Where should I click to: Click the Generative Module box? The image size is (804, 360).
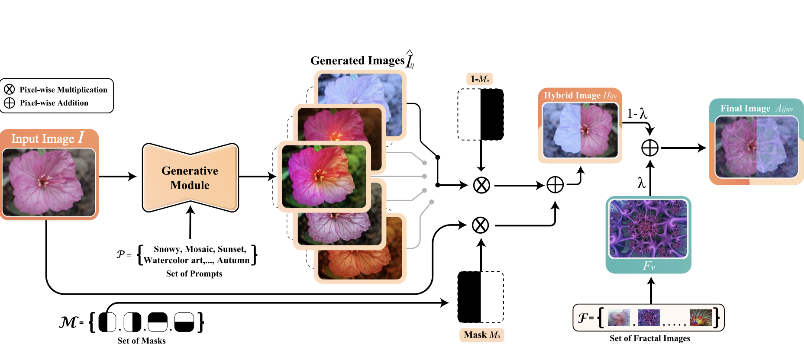[x=190, y=178]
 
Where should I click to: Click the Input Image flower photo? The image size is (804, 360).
[x=49, y=182]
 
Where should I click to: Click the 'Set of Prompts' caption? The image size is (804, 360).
[x=194, y=273]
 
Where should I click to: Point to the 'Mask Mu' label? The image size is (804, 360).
[x=481, y=335]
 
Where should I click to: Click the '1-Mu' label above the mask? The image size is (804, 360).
[x=480, y=79]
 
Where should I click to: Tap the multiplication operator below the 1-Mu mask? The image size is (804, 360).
[x=481, y=185]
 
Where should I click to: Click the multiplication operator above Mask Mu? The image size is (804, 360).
[x=480, y=225]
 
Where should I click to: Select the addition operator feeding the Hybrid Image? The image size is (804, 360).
[x=555, y=185]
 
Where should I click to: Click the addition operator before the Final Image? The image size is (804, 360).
[x=649, y=148]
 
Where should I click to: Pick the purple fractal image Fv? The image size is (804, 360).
[x=648, y=229]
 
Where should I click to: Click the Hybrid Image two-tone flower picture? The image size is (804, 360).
[x=580, y=130]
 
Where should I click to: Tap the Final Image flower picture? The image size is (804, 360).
[x=756, y=147]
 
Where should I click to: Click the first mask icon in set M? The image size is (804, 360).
[x=107, y=322]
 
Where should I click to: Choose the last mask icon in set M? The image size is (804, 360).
[x=184, y=322]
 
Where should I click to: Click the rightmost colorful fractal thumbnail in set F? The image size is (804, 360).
[x=700, y=318]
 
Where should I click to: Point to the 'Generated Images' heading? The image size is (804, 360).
[x=357, y=61]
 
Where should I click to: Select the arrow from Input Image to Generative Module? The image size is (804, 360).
[x=117, y=177]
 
